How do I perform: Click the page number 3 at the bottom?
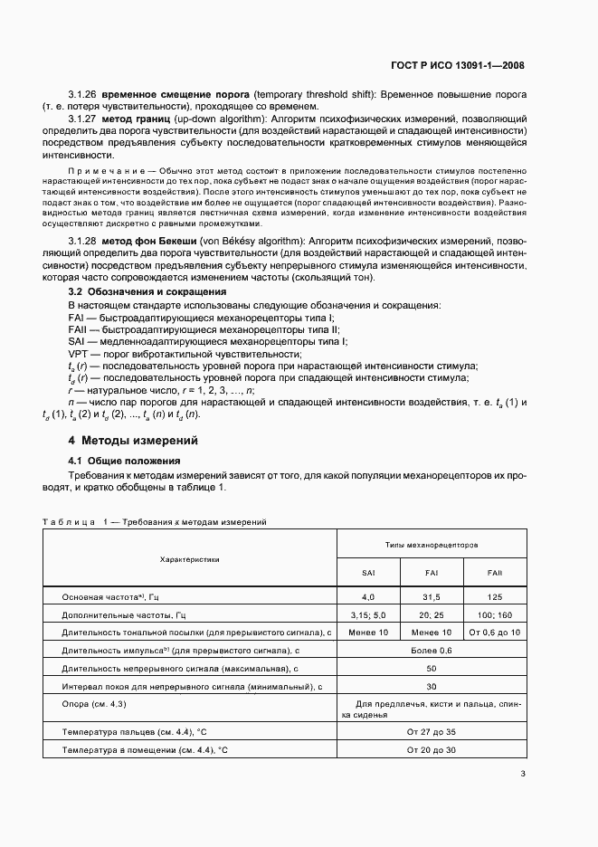tap(524, 774)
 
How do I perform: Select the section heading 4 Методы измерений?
tap(133, 441)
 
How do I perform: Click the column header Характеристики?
tap(189, 559)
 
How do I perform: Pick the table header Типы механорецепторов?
tap(431, 546)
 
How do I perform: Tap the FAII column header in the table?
tap(494, 573)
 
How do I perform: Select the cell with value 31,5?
tap(431, 597)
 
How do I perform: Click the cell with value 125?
tap(494, 597)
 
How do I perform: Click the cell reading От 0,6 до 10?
tap(494, 632)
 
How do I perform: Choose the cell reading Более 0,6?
tap(431, 651)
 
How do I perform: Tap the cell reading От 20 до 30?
tap(431, 750)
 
